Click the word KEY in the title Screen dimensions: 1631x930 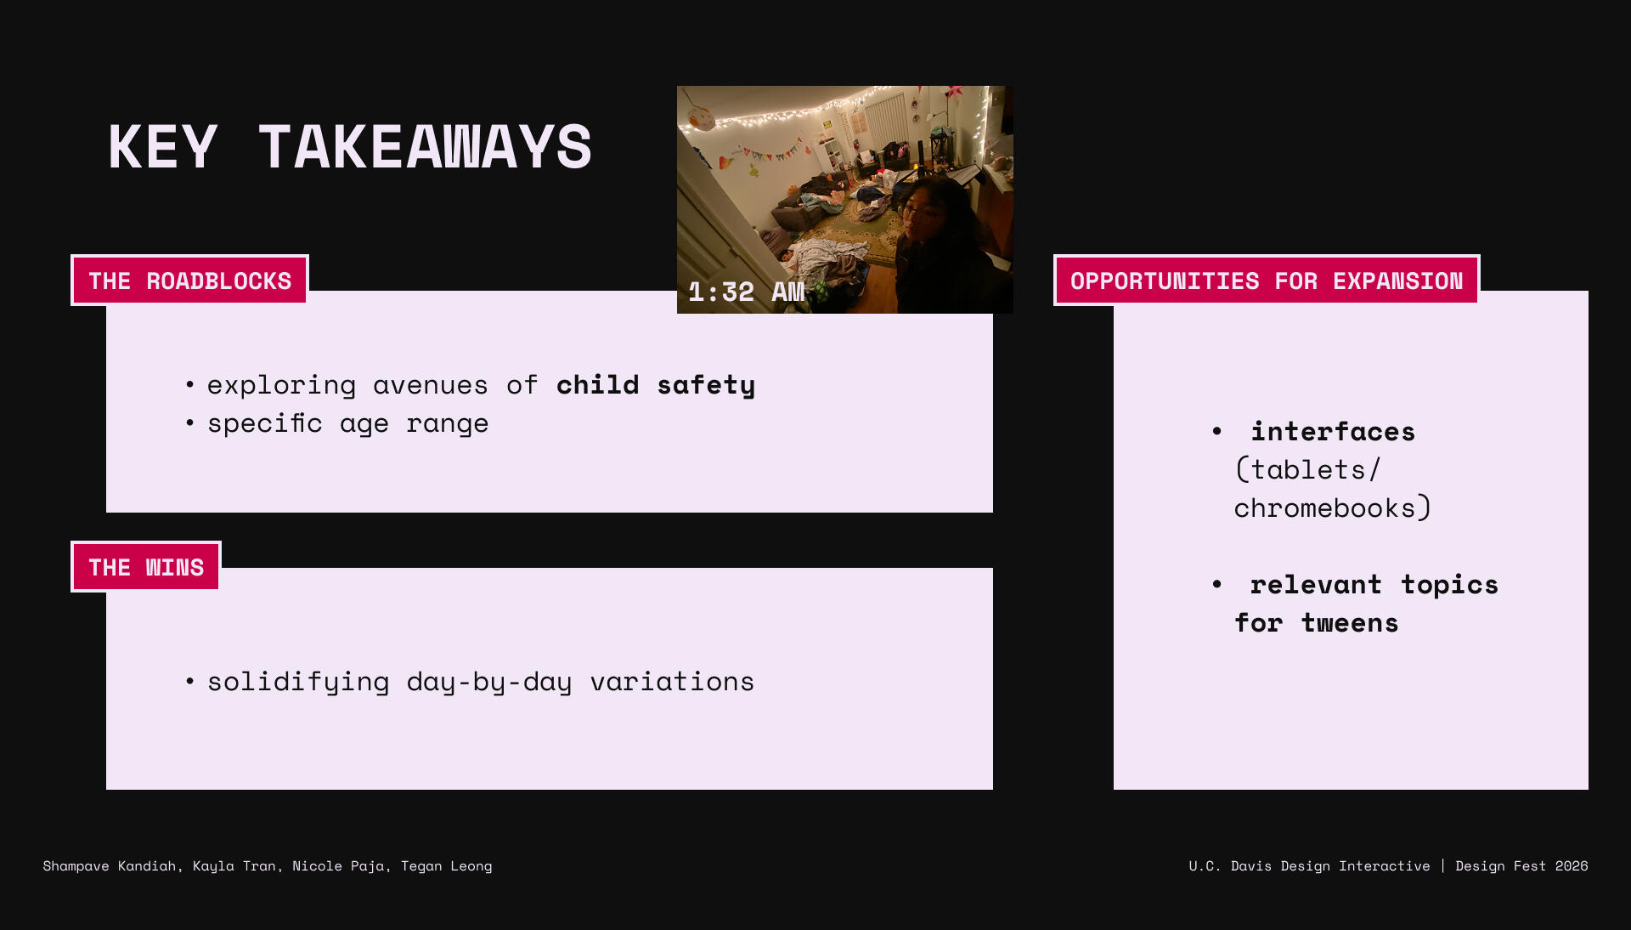(x=163, y=147)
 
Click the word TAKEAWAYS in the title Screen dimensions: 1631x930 (x=425, y=147)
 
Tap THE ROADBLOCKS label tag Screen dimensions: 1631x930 (x=189, y=281)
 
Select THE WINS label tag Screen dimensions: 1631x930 (x=146, y=567)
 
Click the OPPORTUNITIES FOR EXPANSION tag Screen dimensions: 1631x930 (x=1267, y=281)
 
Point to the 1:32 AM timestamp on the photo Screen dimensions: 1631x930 (x=747, y=292)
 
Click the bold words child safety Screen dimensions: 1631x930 (x=656, y=385)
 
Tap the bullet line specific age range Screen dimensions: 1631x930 (x=348, y=423)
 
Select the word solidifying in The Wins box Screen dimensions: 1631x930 (x=298, y=682)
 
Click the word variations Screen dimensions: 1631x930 (x=672, y=682)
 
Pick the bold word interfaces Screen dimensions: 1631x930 (x=1333, y=432)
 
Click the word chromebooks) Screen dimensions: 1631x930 (x=1333, y=508)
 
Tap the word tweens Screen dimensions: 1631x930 (x=1350, y=623)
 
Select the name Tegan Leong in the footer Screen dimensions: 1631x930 (x=447, y=866)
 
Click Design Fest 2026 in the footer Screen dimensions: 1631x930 (x=1521, y=866)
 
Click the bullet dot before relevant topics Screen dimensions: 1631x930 (x=1217, y=584)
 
